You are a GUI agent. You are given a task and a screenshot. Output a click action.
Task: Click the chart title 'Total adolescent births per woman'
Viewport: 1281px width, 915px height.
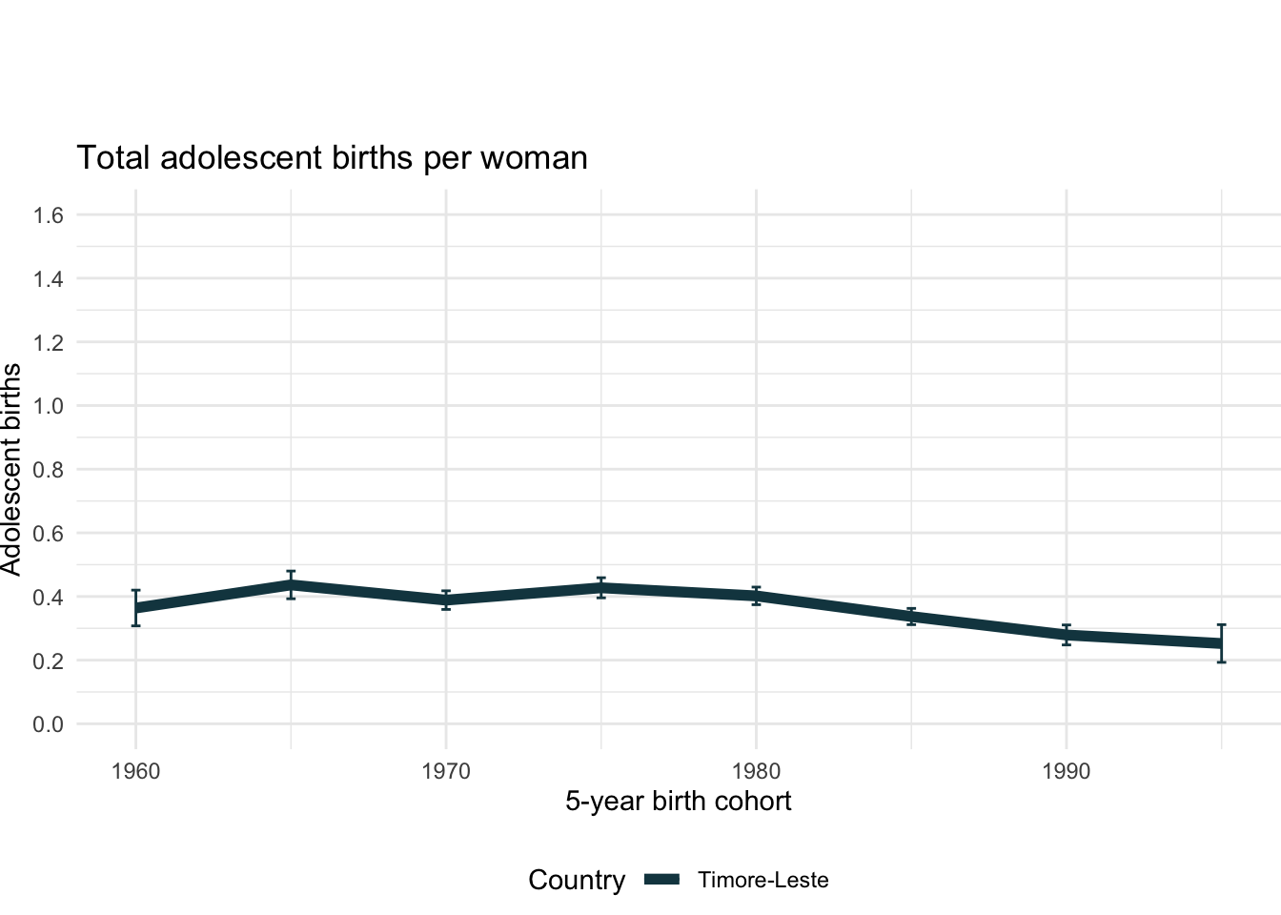pyautogui.click(x=332, y=157)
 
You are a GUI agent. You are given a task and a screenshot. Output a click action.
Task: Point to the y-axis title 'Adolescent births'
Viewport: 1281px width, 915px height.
pyautogui.click(x=11, y=469)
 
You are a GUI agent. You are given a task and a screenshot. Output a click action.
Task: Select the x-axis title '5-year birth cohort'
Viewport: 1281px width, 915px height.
pyautogui.click(x=678, y=801)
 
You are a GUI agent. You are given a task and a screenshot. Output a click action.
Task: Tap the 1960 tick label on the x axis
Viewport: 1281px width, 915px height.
pyautogui.click(x=135, y=771)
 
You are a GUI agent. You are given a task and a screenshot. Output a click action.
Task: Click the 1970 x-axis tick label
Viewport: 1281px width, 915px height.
pyautogui.click(x=446, y=771)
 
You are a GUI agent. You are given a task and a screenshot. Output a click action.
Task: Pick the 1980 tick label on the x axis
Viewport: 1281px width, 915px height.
pyautogui.click(x=756, y=771)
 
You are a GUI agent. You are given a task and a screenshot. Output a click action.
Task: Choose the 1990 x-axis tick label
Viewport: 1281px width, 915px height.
pyautogui.click(x=1067, y=771)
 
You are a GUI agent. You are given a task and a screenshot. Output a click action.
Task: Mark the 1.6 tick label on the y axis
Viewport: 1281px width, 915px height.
pyautogui.click(x=49, y=215)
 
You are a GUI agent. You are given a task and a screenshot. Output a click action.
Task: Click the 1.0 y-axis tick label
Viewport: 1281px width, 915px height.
pyautogui.click(x=49, y=406)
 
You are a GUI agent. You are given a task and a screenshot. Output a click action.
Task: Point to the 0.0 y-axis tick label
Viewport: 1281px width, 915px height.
pyautogui.click(x=49, y=724)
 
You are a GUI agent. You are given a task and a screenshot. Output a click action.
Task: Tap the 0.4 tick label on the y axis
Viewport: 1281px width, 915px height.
pyautogui.click(x=49, y=598)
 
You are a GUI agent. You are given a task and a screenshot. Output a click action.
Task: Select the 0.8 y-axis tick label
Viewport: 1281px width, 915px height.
pyautogui.click(x=49, y=470)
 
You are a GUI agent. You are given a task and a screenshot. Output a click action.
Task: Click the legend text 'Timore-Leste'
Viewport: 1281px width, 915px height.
pyautogui.click(x=762, y=880)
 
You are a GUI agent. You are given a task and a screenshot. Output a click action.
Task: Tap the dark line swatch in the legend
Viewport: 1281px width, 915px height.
pyautogui.click(x=661, y=880)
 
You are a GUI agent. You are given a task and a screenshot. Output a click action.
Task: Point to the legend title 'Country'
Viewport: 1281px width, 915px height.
pyautogui.click(x=577, y=880)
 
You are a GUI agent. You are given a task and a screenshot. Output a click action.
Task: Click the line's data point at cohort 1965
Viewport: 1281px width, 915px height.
pyautogui.click(x=291, y=585)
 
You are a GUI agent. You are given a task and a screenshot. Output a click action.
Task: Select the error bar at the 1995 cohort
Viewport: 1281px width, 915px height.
pyautogui.click(x=1221, y=643)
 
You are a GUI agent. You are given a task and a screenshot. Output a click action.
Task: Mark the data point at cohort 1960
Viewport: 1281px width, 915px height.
pyautogui.click(x=136, y=608)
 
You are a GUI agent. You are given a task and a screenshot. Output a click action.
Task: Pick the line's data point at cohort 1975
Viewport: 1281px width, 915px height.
pyautogui.click(x=601, y=588)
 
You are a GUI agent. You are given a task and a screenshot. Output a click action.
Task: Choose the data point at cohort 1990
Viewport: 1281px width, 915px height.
pyautogui.click(x=1067, y=635)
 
